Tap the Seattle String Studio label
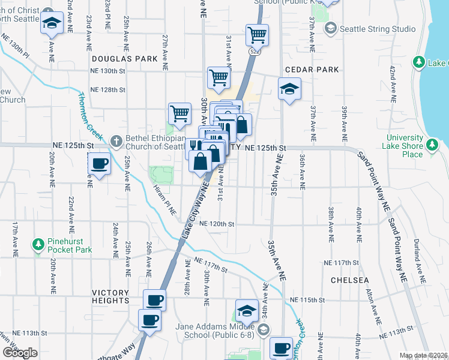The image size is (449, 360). tap(377, 28)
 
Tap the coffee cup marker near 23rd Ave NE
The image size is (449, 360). tap(99, 163)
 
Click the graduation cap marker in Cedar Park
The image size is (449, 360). tap(290, 90)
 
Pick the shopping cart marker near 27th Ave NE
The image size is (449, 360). tap(179, 113)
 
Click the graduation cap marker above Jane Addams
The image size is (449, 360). tap(246, 311)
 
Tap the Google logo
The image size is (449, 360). tap(20, 353)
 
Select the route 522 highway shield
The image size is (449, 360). tap(255, 52)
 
